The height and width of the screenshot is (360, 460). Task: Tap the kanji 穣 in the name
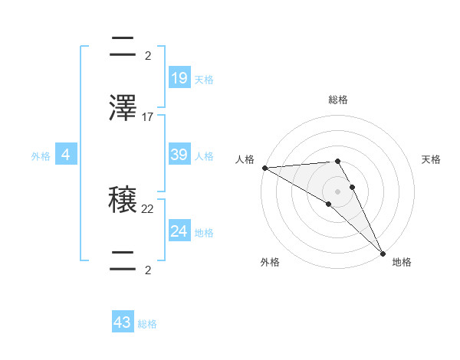tap(123, 201)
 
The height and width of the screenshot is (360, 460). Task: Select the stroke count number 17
tap(148, 117)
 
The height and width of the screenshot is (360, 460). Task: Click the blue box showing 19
tap(179, 78)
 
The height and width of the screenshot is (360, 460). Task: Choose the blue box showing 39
tap(179, 155)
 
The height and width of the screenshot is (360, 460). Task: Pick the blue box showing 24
tap(179, 231)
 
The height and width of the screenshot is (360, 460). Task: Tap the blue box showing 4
tap(66, 155)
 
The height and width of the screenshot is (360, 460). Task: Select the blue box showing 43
tap(123, 322)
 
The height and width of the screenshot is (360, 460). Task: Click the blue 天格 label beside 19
tap(203, 80)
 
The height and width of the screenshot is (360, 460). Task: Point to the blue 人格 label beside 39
tap(203, 156)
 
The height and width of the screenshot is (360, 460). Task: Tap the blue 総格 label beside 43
tap(147, 324)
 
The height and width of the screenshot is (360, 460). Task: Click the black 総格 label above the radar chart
tap(337, 100)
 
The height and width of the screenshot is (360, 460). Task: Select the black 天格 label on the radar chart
tap(431, 159)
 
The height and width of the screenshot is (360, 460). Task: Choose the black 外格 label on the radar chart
tap(270, 262)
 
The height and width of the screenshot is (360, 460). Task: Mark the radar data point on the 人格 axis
tap(264, 168)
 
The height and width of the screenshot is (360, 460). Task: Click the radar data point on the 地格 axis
tap(383, 254)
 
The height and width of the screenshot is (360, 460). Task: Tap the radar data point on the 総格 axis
tap(337, 161)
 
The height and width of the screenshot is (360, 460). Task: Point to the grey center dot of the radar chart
tap(337, 191)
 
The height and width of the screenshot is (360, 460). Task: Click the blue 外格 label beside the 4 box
tap(41, 156)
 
